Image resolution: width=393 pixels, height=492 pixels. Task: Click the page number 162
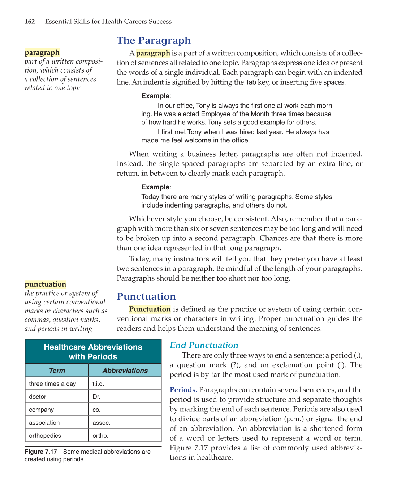pyautogui.click(x=30, y=22)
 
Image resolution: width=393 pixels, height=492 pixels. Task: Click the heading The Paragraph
pyautogui.click(x=154, y=40)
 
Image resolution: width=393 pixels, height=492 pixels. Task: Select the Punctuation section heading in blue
pyautogui.click(x=146, y=296)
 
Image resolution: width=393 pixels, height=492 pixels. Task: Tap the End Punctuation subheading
pyautogui.click(x=204, y=345)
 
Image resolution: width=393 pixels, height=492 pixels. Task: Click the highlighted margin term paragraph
pyautogui.click(x=42, y=53)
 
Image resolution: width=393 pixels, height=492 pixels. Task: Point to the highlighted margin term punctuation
pyautogui.click(x=46, y=284)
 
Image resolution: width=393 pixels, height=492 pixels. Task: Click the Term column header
pyautogui.click(x=57, y=371)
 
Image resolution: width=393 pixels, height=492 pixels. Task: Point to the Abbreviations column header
pyautogui.click(x=125, y=371)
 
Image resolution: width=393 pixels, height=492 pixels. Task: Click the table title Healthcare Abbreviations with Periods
pyautogui.click(x=93, y=352)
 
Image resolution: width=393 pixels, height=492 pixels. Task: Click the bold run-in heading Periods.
pyautogui.click(x=183, y=390)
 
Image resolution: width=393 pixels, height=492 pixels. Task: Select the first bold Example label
pyautogui.click(x=155, y=96)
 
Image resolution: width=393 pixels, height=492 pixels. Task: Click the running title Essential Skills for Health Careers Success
pyautogui.click(x=108, y=22)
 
